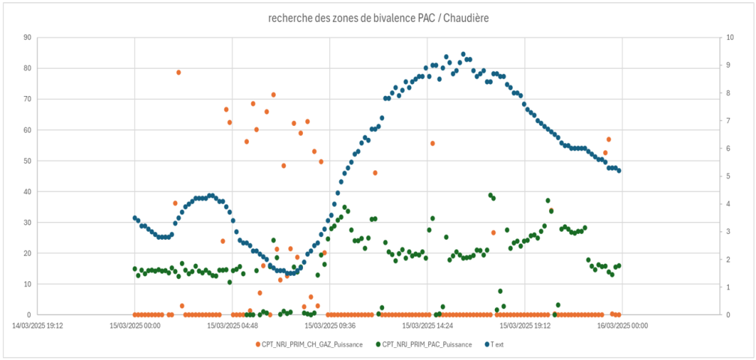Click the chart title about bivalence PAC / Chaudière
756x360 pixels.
point(378,16)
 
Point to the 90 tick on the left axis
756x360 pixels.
point(27,37)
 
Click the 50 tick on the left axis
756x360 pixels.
point(27,160)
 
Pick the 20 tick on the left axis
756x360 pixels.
point(27,253)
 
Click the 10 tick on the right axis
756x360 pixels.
point(730,37)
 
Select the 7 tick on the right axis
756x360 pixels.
point(729,120)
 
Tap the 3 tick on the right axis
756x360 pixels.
point(729,232)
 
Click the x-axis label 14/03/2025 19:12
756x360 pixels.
point(37,325)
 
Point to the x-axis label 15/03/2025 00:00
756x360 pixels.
point(135,325)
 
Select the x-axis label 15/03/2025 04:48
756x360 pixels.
point(232,325)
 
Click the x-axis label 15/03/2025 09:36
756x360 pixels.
point(330,325)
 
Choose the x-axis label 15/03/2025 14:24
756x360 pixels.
point(427,325)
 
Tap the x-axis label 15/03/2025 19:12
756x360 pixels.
point(525,325)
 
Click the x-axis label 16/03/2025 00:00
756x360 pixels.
point(622,325)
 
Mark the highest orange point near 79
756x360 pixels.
point(178,72)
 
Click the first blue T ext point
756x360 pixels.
point(135,217)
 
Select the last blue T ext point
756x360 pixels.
point(619,170)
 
